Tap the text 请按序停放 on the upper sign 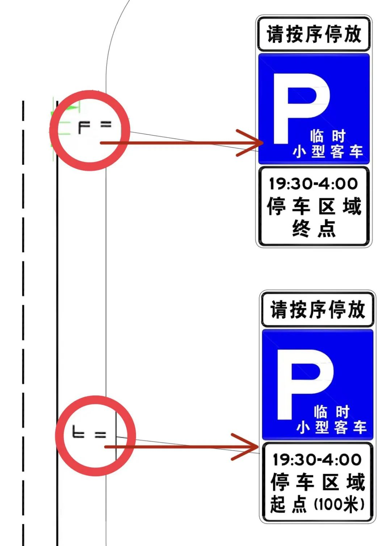314,34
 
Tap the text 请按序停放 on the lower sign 318,310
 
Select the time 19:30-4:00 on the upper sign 313,184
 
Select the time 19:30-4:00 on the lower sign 317,460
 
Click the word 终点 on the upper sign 314,229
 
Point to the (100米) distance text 339,504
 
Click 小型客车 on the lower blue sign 331,428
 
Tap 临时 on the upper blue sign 328,137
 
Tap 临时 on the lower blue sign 331,412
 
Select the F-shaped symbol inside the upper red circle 84,127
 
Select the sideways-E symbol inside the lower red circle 78,432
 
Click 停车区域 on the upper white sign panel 314,206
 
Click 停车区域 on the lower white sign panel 318,482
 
